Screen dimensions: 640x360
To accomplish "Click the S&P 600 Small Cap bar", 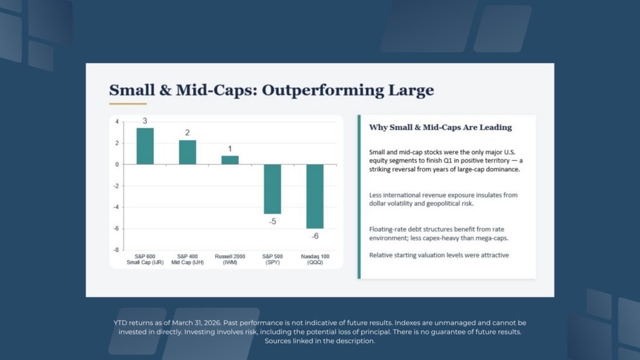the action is (x=145, y=146).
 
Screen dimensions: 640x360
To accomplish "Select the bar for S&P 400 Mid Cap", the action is (x=187, y=152).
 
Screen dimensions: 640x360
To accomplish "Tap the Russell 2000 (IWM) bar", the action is (x=230, y=160).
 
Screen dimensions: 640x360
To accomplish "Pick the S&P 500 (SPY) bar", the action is (x=272, y=189).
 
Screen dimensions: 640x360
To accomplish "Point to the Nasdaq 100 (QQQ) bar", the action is (x=315, y=196).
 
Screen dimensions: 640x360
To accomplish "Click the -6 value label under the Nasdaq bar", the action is (x=315, y=236).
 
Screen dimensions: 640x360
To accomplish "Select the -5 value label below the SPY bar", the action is (x=272, y=222).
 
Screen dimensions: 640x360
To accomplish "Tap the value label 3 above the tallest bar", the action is (x=145, y=121).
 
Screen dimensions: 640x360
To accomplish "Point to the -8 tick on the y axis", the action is (x=116, y=250).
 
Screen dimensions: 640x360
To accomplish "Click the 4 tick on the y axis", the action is (x=117, y=122).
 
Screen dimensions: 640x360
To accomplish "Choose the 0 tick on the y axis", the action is (x=117, y=164).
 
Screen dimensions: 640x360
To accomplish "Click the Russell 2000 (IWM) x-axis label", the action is (x=230, y=259).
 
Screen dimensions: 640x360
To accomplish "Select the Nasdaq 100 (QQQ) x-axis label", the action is (x=315, y=259).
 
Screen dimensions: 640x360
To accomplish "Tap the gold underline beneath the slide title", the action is (x=127, y=104).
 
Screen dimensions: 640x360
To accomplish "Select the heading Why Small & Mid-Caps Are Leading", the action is (x=441, y=127).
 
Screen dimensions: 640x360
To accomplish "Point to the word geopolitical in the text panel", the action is (x=443, y=204).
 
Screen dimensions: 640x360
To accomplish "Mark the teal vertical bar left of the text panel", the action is (x=359, y=197).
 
